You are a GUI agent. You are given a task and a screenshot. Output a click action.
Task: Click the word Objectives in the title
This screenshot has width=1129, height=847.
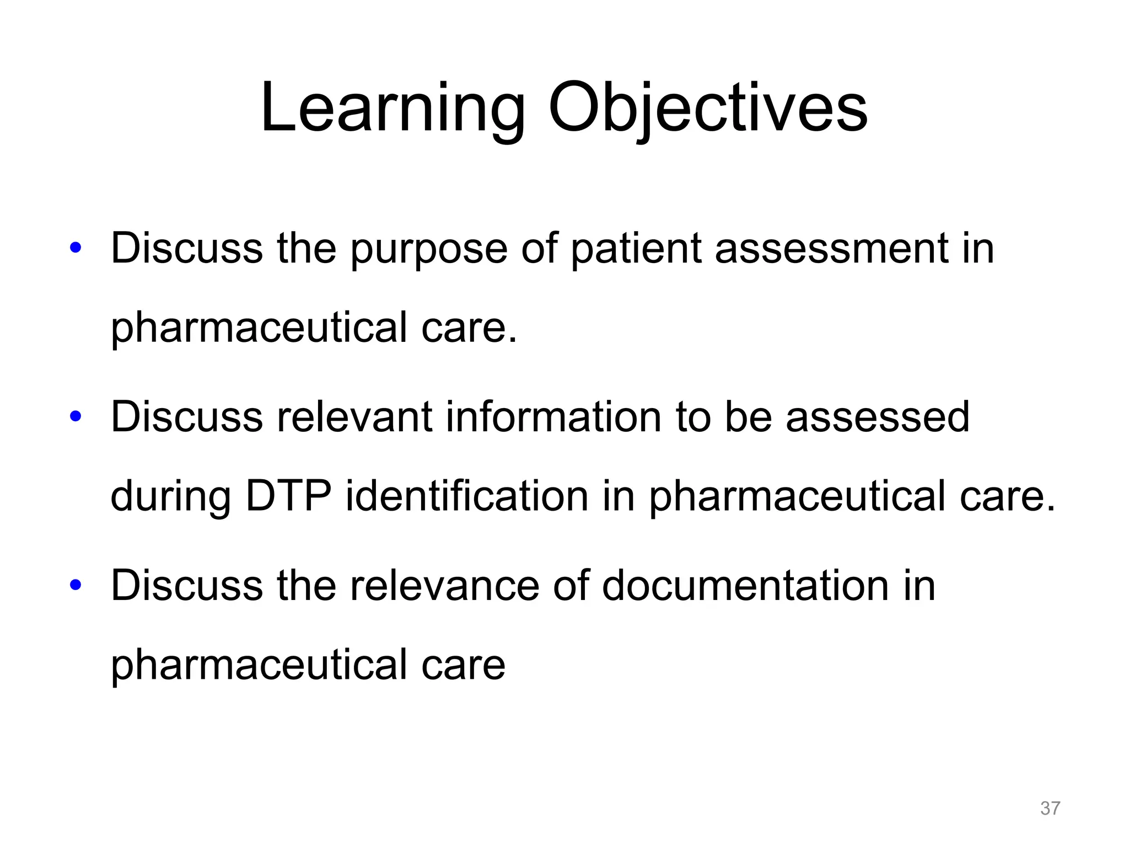707,108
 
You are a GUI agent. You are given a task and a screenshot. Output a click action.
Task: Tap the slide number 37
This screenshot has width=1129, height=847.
1050,808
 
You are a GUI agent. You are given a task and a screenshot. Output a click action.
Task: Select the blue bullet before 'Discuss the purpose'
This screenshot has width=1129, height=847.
76,248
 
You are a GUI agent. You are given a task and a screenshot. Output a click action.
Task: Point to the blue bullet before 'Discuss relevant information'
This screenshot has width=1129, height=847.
76,416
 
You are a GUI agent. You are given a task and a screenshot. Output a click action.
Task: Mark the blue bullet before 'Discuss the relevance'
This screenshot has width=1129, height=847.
76,585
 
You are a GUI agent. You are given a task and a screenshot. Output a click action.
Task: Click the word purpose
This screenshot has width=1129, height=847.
428,249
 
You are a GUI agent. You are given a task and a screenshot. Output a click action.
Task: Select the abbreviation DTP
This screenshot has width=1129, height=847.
288,495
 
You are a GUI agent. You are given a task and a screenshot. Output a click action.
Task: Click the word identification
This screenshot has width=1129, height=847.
467,495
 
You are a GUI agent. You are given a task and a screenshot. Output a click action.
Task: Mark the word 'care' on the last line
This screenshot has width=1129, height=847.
463,664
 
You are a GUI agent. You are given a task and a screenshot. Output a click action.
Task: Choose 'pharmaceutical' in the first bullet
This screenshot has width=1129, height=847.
259,328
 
